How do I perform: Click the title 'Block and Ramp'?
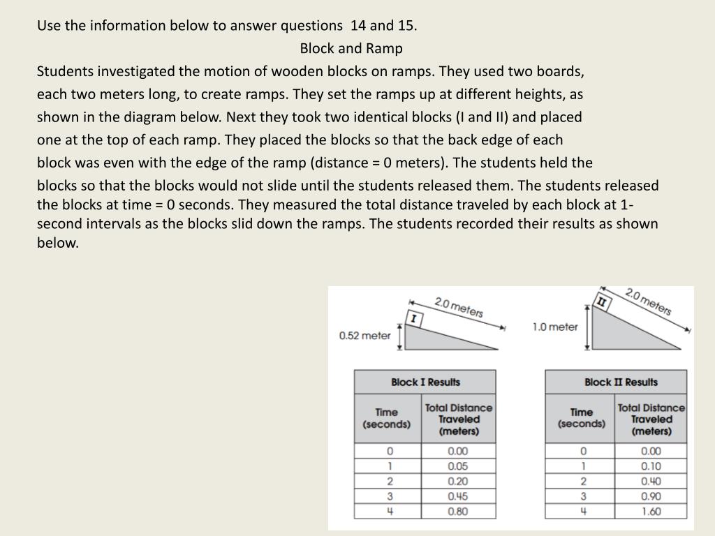(351, 48)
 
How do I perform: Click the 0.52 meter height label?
(364, 336)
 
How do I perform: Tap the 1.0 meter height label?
(555, 327)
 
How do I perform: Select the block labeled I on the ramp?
(415, 319)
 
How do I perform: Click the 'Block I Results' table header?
(425, 382)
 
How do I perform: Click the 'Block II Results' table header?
(621, 382)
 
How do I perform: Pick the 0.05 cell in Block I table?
(458, 466)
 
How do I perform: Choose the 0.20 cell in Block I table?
(458, 481)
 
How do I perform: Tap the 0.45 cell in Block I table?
(458, 496)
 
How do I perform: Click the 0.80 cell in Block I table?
(458, 512)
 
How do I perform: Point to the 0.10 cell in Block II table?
(651, 466)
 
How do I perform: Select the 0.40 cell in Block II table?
(651, 481)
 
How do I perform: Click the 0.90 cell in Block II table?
(651, 496)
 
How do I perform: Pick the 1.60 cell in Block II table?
(651, 512)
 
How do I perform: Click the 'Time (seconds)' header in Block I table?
(386, 418)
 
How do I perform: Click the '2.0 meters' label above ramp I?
(459, 307)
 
